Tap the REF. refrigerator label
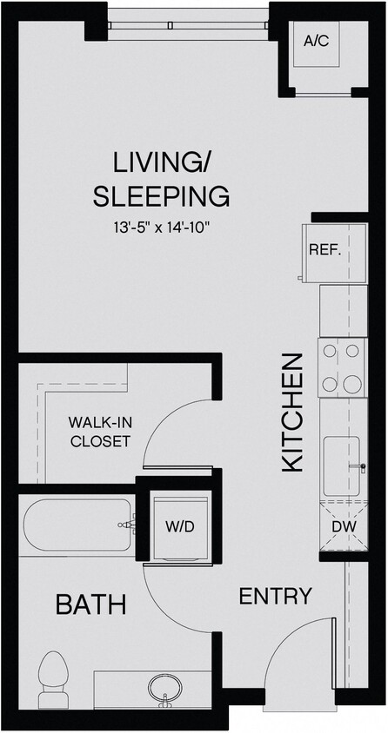(323, 251)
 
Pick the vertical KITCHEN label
(292, 412)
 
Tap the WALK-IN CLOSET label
(99, 432)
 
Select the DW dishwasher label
(341, 526)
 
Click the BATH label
(91, 604)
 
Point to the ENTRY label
(275, 596)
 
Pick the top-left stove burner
(330, 352)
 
